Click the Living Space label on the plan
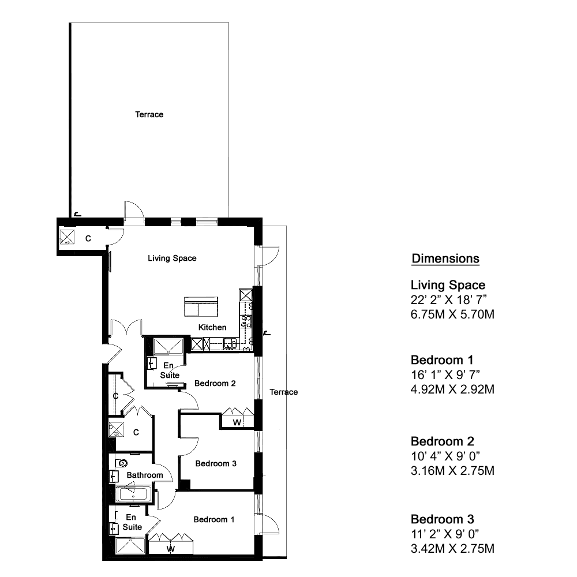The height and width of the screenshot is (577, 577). [x=172, y=258]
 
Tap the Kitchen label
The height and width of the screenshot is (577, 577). [x=212, y=327]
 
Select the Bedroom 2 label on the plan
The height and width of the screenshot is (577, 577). [x=215, y=384]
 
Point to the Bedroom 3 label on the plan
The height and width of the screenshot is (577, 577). [x=216, y=464]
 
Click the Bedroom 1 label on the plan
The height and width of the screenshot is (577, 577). [x=214, y=520]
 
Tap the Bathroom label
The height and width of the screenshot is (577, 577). [x=145, y=475]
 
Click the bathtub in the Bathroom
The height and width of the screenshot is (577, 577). [x=134, y=494]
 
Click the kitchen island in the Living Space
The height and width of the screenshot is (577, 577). [x=201, y=306]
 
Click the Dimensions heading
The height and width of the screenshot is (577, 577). [x=445, y=258]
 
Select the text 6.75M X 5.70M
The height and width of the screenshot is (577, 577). [x=452, y=314]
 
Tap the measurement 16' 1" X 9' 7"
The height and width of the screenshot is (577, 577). [x=445, y=374]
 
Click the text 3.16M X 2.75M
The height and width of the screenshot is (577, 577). [x=452, y=470]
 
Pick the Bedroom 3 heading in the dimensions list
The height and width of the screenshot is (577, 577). [x=443, y=519]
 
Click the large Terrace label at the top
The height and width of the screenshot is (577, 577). [x=149, y=114]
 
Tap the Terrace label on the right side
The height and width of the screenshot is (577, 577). [x=283, y=392]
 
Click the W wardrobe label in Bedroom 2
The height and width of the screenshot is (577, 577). [x=237, y=422]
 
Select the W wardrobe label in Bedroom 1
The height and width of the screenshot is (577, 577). [x=170, y=549]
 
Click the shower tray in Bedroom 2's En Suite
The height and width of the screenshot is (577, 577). [x=168, y=346]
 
